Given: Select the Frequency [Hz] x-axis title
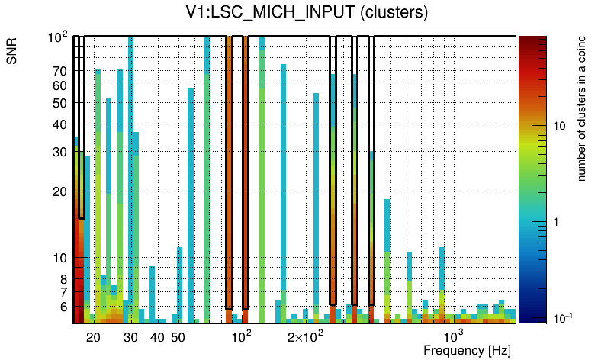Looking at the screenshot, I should (467, 350).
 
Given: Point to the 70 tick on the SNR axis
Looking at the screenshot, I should (59, 71).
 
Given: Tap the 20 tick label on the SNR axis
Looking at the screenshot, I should (59, 191).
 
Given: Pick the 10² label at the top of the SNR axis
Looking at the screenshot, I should (58, 37).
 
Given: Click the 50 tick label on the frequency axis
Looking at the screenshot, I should (177, 337).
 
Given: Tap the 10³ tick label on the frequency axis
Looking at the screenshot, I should (453, 336).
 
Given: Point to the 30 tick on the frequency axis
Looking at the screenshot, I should (130, 337).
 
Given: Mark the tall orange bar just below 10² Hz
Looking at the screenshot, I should (229, 172).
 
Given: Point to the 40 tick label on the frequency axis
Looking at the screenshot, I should (156, 337).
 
